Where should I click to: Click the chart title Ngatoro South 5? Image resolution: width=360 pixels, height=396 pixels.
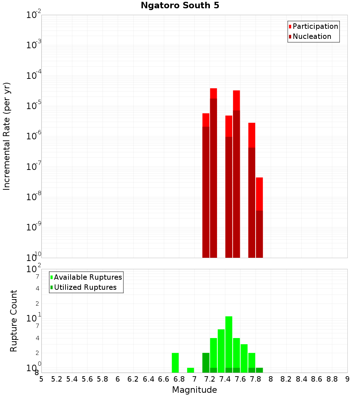(x=180, y=5)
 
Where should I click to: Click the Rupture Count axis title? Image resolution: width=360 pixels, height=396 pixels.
(x=14, y=321)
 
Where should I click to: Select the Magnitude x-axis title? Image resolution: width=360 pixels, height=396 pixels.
(x=194, y=390)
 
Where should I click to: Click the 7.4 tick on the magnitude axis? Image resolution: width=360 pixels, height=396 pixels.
(x=225, y=379)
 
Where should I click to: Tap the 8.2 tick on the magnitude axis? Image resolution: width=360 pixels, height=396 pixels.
(x=286, y=379)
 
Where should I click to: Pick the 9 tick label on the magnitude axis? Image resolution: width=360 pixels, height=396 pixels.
(x=347, y=379)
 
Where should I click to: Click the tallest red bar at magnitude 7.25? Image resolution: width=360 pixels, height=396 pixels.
(x=213, y=173)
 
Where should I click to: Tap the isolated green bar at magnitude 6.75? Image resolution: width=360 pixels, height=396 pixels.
(x=175, y=363)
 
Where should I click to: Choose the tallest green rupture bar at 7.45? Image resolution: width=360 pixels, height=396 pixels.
(x=229, y=342)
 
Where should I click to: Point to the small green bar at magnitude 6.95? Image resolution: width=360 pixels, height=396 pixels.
(x=190, y=370)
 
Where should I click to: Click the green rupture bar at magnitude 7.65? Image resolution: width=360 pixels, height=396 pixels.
(x=244, y=358)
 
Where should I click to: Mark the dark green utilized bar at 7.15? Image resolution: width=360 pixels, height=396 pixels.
(x=206, y=363)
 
